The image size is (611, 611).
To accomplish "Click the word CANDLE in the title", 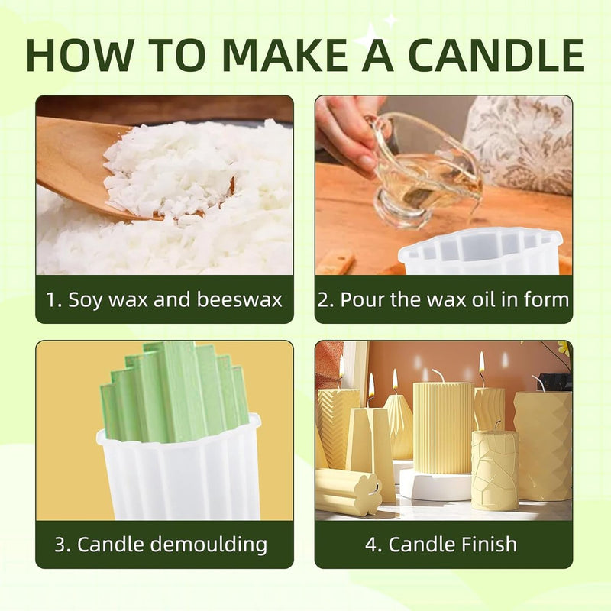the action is pos(498,55).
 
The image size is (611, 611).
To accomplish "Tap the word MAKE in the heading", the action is pos(286,55).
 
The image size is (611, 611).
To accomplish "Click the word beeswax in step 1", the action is pos(239,299).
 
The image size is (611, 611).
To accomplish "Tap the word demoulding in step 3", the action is pos(209,545).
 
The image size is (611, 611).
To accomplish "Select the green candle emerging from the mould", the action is pos(176,393).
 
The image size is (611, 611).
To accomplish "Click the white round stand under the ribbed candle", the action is pos(436,484).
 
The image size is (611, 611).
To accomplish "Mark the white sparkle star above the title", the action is pos(370,37).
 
